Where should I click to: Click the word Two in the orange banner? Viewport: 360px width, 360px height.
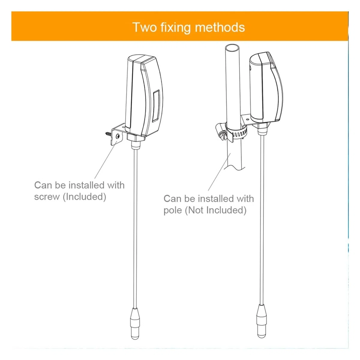coord(145,27)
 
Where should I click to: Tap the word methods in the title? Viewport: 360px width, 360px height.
coord(220,27)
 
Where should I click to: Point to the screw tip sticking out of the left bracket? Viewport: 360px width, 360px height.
coord(106,133)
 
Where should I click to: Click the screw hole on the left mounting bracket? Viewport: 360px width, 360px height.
coord(117,136)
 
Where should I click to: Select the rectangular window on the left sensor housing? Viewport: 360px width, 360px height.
coord(156,106)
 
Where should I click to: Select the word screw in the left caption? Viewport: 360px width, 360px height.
coord(46,197)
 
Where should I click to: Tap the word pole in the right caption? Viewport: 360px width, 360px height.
coord(172,211)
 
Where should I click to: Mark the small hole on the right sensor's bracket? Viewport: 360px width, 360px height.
coord(248,119)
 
